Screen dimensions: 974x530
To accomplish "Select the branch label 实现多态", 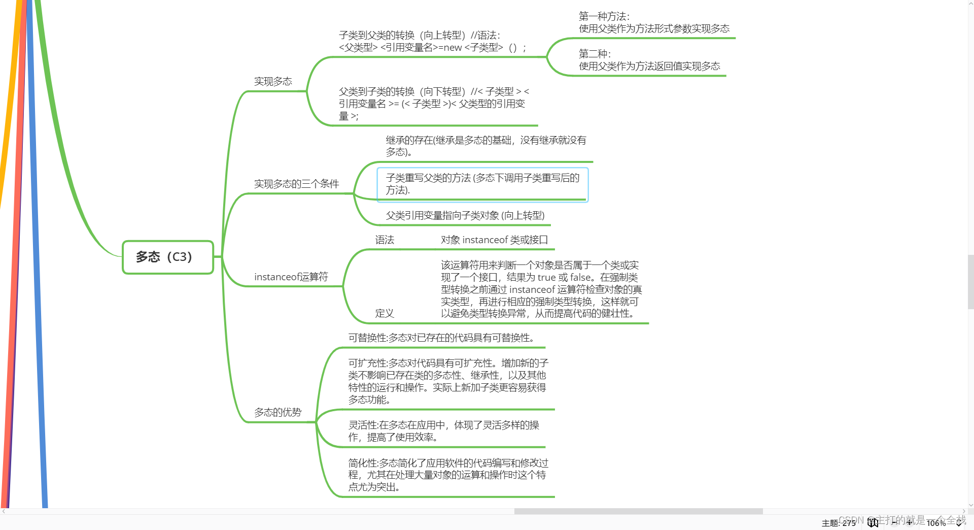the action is click(273, 82).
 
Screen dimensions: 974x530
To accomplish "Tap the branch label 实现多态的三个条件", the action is click(296, 184).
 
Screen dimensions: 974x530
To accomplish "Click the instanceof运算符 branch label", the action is click(291, 277).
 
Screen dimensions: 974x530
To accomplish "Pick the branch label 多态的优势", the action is click(277, 413).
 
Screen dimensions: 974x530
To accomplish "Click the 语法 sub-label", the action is click(385, 240).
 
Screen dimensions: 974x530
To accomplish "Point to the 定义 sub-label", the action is click(385, 314).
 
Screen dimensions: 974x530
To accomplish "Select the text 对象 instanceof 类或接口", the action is click(494, 240).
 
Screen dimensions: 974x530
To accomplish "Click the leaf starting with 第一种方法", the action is click(654, 23).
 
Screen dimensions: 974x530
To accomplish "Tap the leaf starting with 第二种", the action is click(649, 60).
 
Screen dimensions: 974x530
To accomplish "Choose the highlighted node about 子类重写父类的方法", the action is click(482, 184).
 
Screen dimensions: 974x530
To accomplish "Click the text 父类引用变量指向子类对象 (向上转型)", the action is click(465, 216).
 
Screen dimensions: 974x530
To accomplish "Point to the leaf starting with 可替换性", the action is click(441, 338).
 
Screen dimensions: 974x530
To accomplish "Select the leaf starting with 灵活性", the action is click(443, 432).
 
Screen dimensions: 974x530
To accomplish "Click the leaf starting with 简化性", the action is click(448, 475).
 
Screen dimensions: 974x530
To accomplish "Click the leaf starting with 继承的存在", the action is click(485, 146).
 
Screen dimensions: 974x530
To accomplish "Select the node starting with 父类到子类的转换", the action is click(434, 104).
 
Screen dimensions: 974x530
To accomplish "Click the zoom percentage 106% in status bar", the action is click(936, 523).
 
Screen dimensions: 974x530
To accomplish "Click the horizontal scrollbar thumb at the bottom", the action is click(638, 511).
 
